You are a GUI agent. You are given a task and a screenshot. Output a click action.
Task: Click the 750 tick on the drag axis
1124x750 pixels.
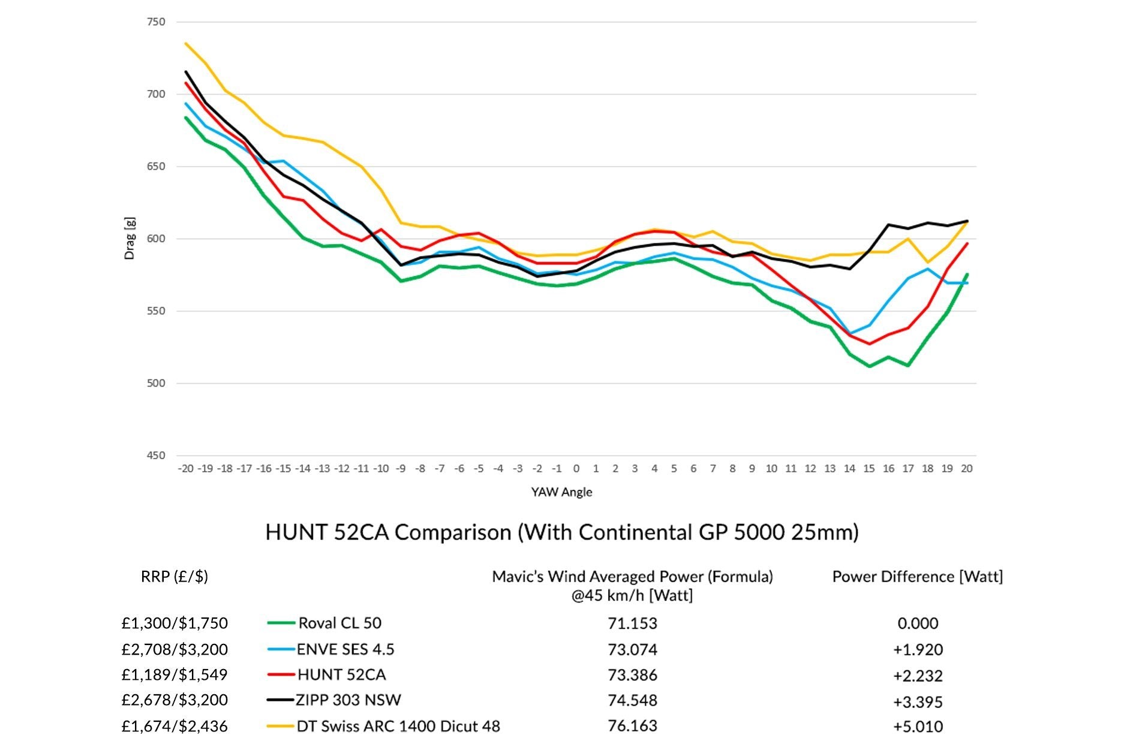(155, 22)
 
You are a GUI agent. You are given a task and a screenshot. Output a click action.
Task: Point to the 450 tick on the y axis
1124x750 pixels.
(155, 456)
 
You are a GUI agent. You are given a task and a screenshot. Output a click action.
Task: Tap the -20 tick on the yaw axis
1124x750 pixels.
(186, 468)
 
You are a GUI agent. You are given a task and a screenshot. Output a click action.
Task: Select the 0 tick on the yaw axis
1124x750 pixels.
(576, 468)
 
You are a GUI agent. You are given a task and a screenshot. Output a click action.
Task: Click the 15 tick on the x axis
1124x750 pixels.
(869, 468)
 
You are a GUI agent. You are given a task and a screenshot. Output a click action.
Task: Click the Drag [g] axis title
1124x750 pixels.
(130, 239)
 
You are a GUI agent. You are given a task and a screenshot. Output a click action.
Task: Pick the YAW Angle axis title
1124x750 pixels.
(561, 492)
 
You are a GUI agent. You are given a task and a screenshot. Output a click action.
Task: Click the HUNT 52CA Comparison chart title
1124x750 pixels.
(561, 532)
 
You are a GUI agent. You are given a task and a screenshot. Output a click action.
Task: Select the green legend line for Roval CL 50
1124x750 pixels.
(281, 624)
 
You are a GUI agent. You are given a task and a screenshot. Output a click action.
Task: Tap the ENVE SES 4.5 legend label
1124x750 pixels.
(345, 649)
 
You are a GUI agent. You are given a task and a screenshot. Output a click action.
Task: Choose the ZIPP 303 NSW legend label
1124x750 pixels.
(348, 700)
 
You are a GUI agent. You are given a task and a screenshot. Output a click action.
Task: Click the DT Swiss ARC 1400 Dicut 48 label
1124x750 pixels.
(398, 726)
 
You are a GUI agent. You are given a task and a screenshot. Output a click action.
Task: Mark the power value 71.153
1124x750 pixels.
(632, 624)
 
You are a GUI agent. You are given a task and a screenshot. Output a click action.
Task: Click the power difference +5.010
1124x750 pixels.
(918, 727)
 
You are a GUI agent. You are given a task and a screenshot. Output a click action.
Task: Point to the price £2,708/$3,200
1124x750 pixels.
(175, 649)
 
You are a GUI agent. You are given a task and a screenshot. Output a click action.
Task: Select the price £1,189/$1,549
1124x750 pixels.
(175, 674)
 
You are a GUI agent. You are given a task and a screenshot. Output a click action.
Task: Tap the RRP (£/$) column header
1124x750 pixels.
(175, 576)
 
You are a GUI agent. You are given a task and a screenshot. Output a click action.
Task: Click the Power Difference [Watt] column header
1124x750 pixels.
(917, 576)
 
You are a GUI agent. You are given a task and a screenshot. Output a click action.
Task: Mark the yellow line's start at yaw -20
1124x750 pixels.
(186, 43)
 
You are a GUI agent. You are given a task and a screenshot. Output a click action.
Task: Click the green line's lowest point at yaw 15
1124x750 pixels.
(869, 366)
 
